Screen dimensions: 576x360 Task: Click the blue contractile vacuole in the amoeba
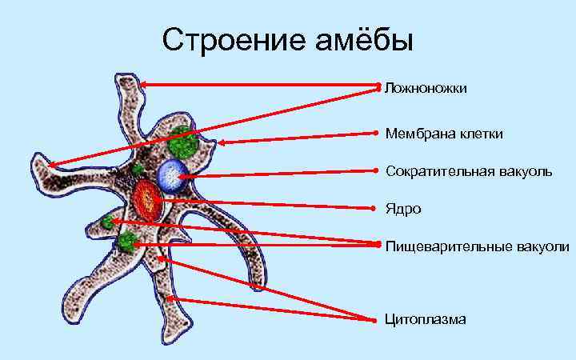click(171, 174)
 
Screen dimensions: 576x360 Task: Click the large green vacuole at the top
click(182, 142)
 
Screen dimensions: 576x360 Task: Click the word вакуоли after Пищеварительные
click(546, 246)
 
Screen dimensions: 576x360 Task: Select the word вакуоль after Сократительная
click(528, 171)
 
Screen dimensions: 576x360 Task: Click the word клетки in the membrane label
click(482, 133)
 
